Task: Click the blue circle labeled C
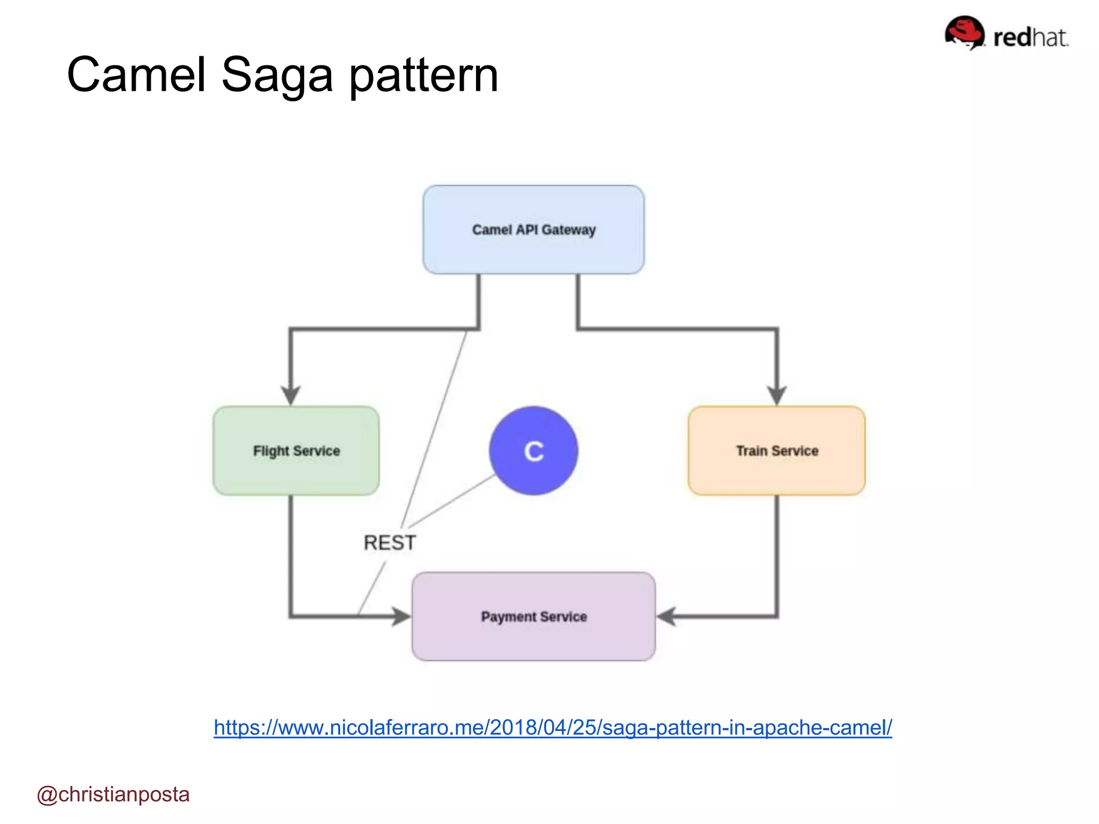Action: (x=533, y=451)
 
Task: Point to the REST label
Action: (x=390, y=543)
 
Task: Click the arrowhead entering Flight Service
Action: (x=291, y=395)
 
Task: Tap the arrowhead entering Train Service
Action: (x=776, y=395)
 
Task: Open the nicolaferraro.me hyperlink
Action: (x=553, y=728)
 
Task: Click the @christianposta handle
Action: (x=113, y=794)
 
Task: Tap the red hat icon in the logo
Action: (x=964, y=32)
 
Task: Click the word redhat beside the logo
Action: (x=1030, y=38)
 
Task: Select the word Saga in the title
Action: (x=277, y=75)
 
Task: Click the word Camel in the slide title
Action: (x=136, y=75)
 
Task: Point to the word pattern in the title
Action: (x=424, y=75)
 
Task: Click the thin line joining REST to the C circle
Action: (x=451, y=501)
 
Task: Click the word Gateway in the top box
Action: (x=569, y=230)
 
